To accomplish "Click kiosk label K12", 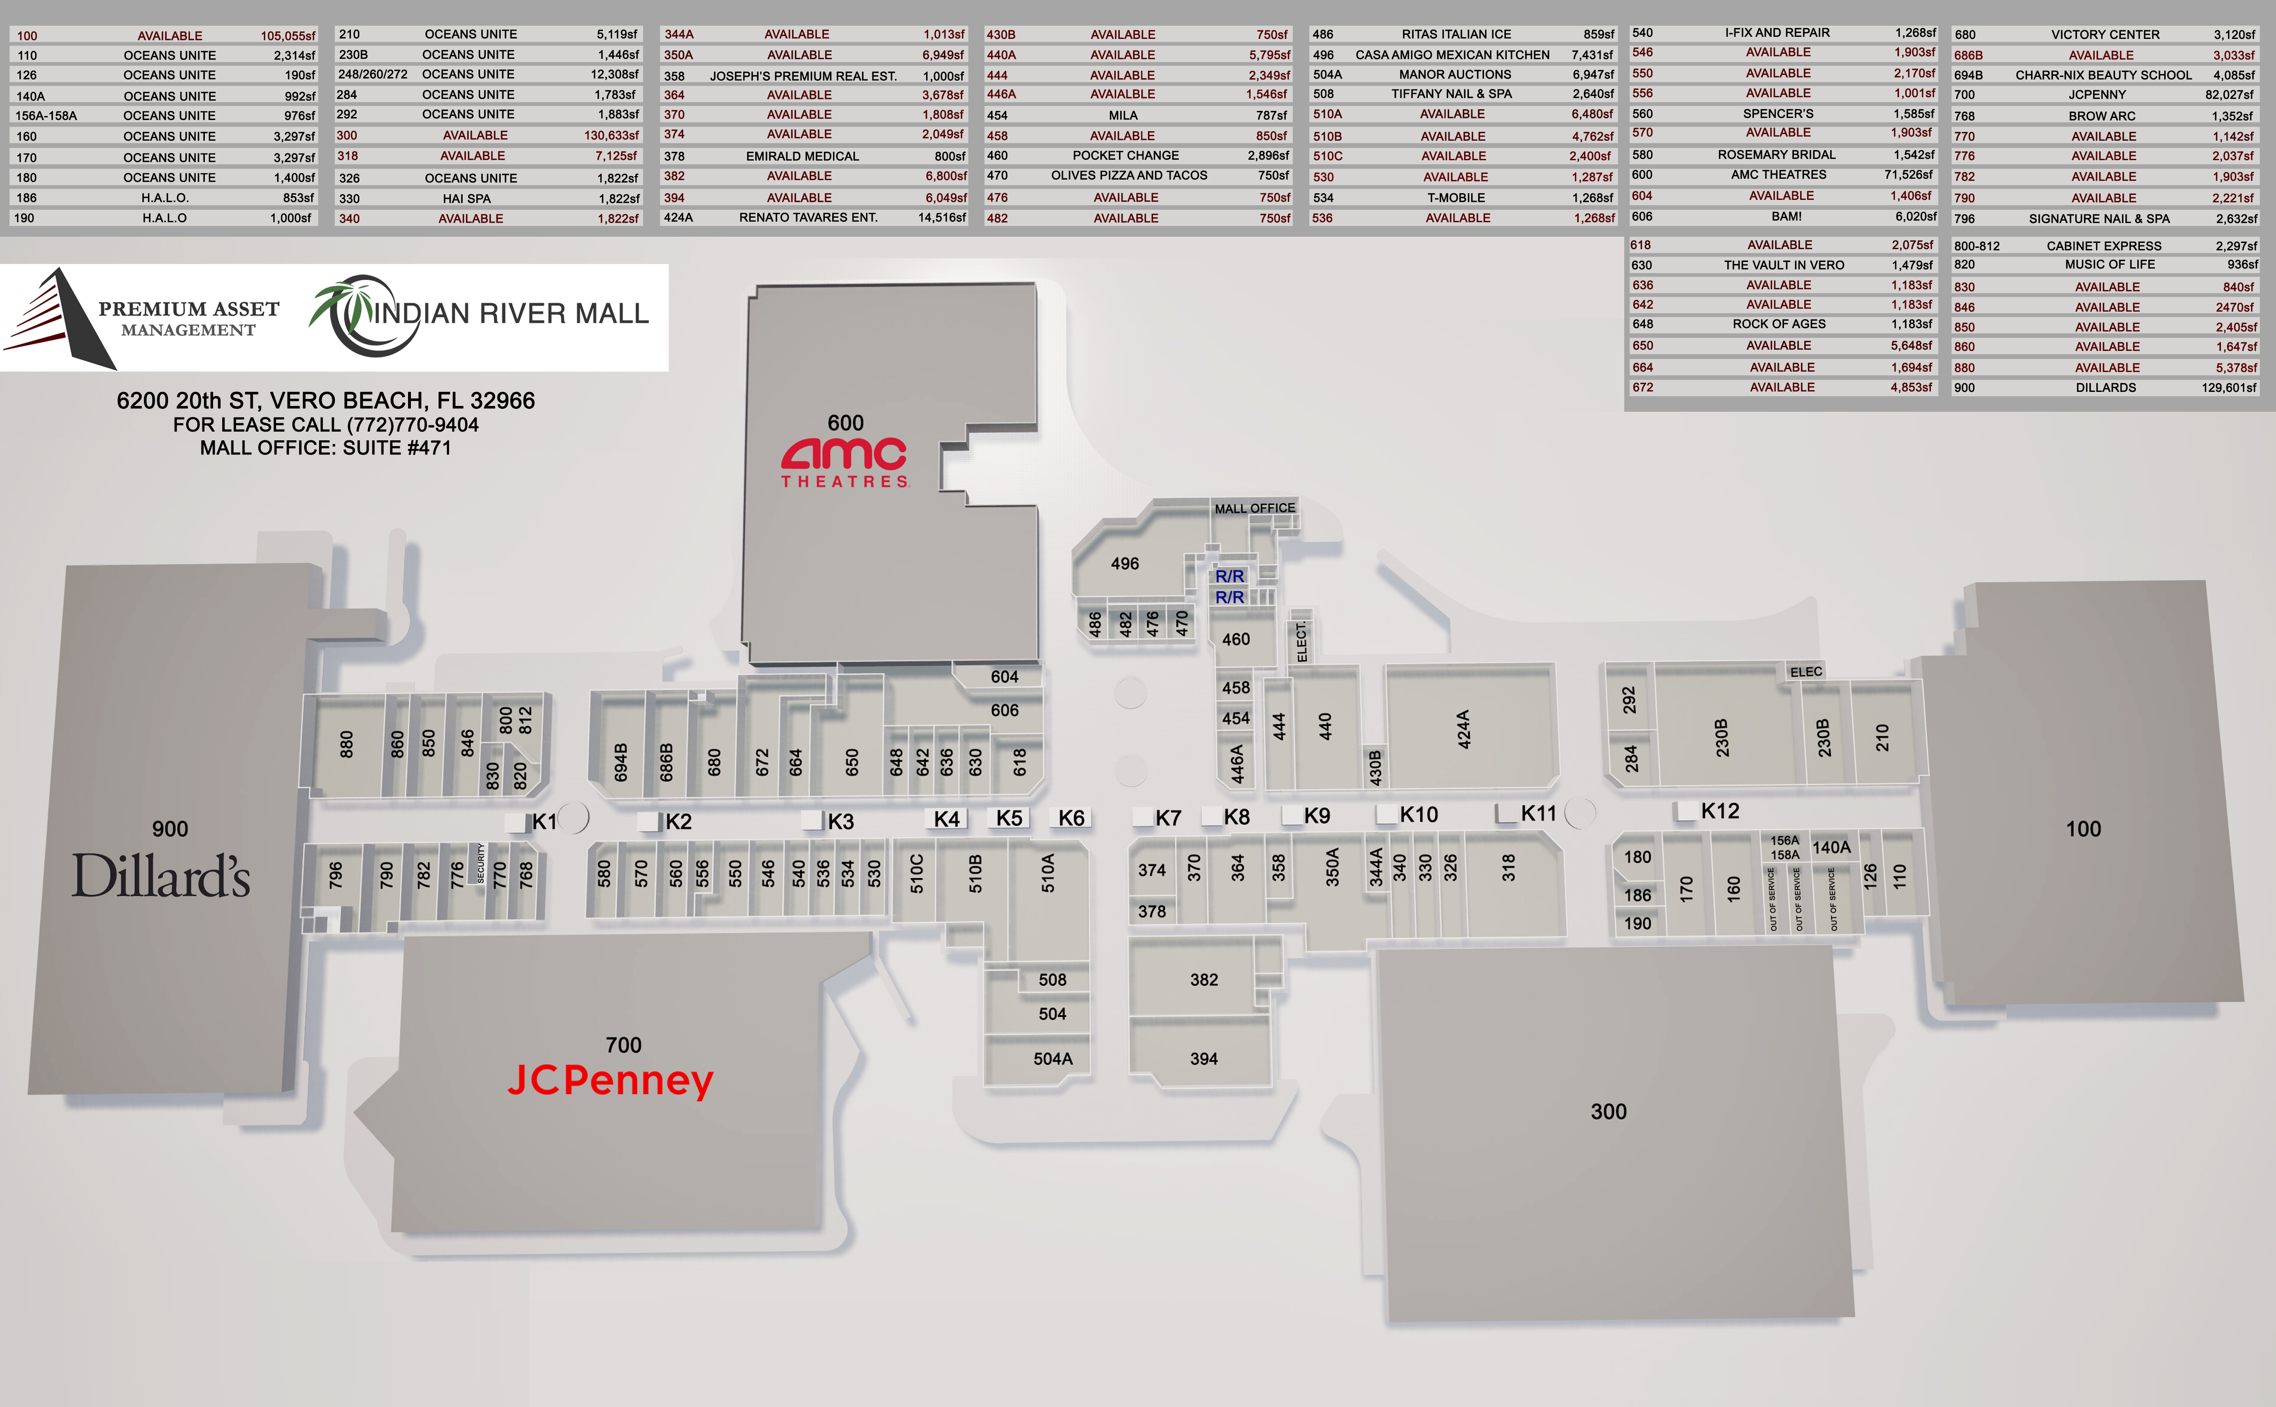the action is (1719, 812).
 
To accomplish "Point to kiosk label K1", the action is (544, 822).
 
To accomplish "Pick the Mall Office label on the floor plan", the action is (1254, 508).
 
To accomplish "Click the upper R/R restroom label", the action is (1229, 576).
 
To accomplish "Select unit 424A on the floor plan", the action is (1463, 730).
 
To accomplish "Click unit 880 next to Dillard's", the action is (346, 744).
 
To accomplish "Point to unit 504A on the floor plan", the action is (1052, 1059).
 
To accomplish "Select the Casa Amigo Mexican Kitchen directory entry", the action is (1453, 55).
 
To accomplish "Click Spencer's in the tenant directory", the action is (1778, 113).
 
